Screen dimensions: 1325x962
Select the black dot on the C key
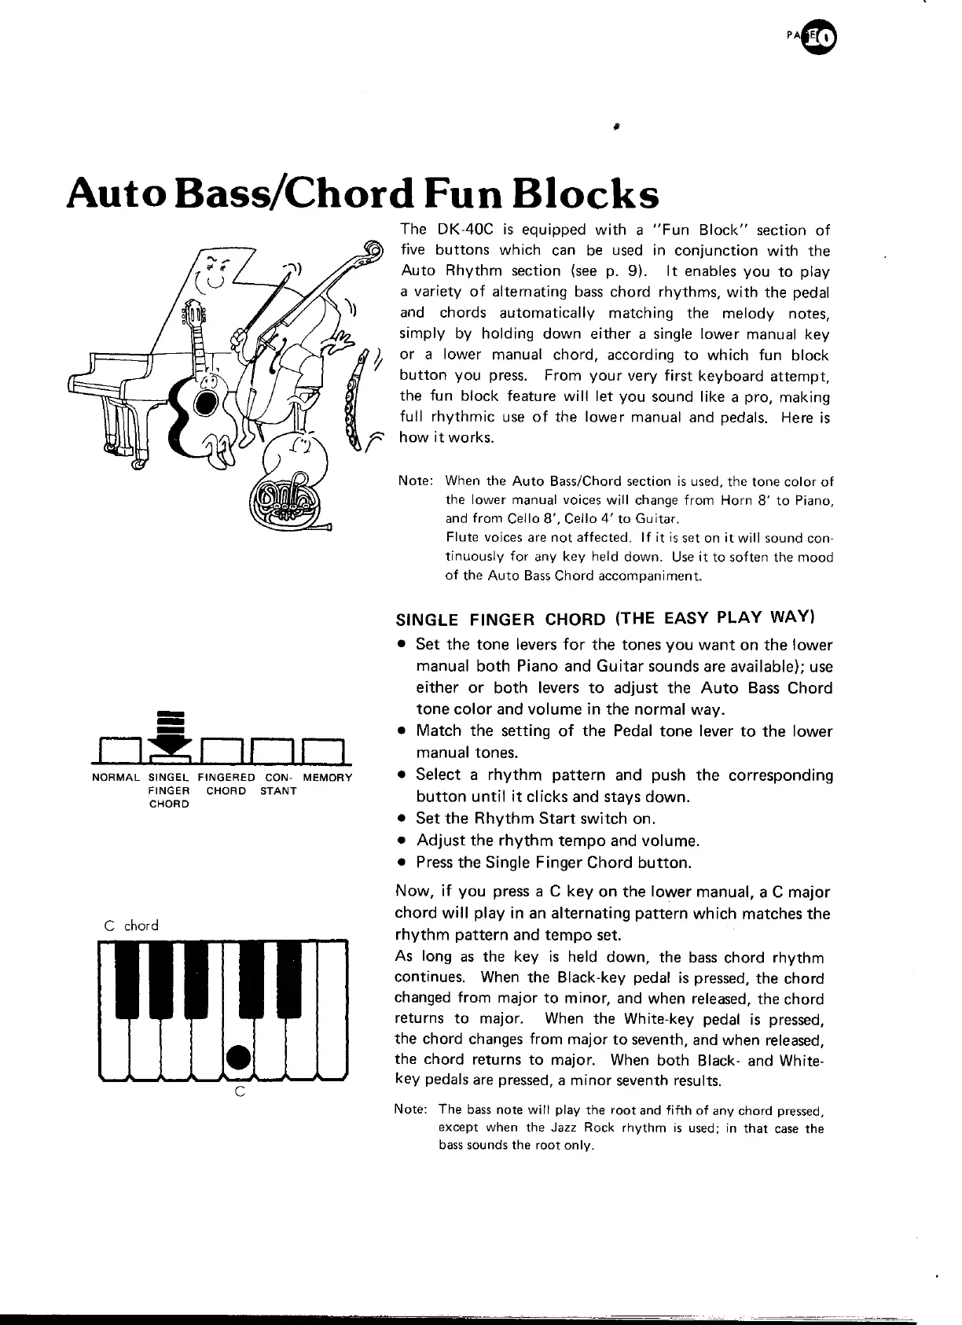[x=238, y=1055]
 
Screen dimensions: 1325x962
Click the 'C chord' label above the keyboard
[x=131, y=926]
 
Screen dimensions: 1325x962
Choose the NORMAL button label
[x=116, y=778]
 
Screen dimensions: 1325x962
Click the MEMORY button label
[x=328, y=778]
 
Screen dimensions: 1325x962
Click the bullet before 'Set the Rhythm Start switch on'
[x=402, y=819]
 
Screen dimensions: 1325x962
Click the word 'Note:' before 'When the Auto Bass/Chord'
[x=416, y=481]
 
